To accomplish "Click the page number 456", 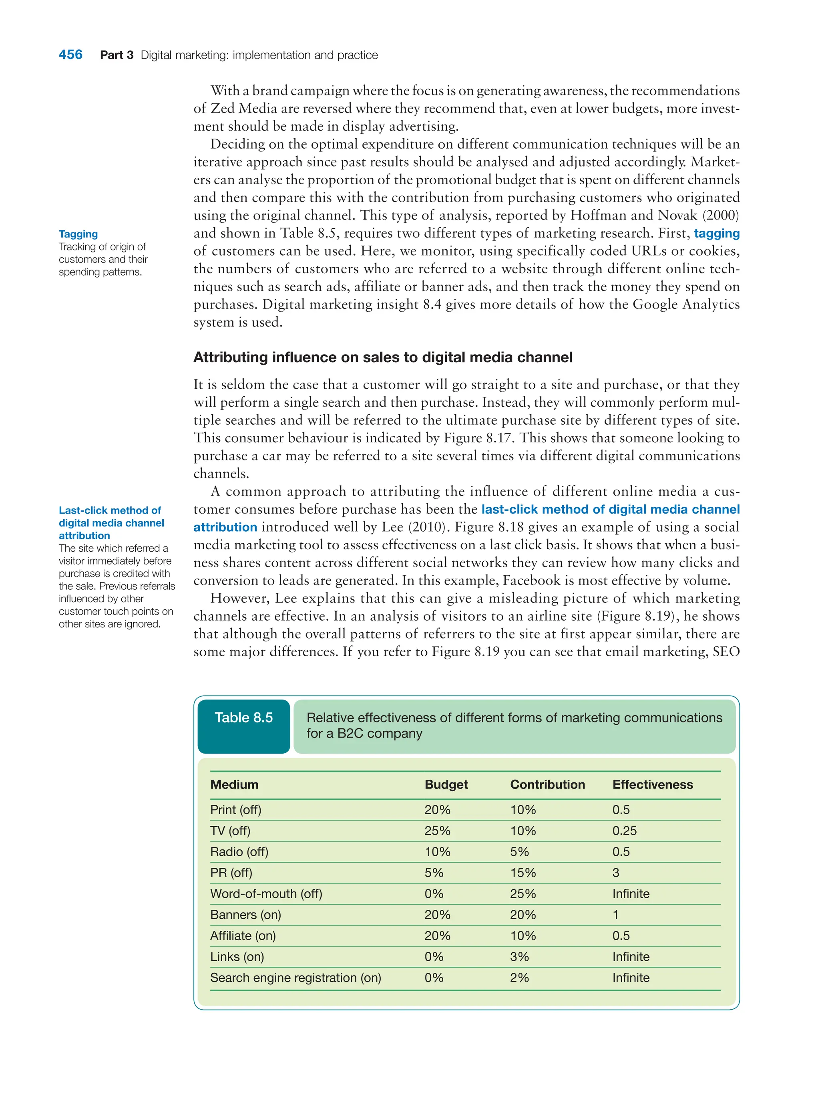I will click(x=70, y=54).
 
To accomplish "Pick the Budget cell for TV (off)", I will click(x=437, y=831).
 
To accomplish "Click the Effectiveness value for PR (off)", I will click(x=615, y=873).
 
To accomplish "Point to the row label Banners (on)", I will click(x=245, y=914).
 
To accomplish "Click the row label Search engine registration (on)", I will click(x=295, y=978).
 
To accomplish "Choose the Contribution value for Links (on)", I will click(x=519, y=957).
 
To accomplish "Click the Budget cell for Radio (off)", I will click(x=437, y=852).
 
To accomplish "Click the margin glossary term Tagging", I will click(x=78, y=234).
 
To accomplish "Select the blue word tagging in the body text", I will click(x=716, y=234).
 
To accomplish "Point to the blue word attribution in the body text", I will click(x=225, y=527).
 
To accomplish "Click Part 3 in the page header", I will click(x=117, y=55).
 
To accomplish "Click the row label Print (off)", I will click(x=235, y=810).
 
